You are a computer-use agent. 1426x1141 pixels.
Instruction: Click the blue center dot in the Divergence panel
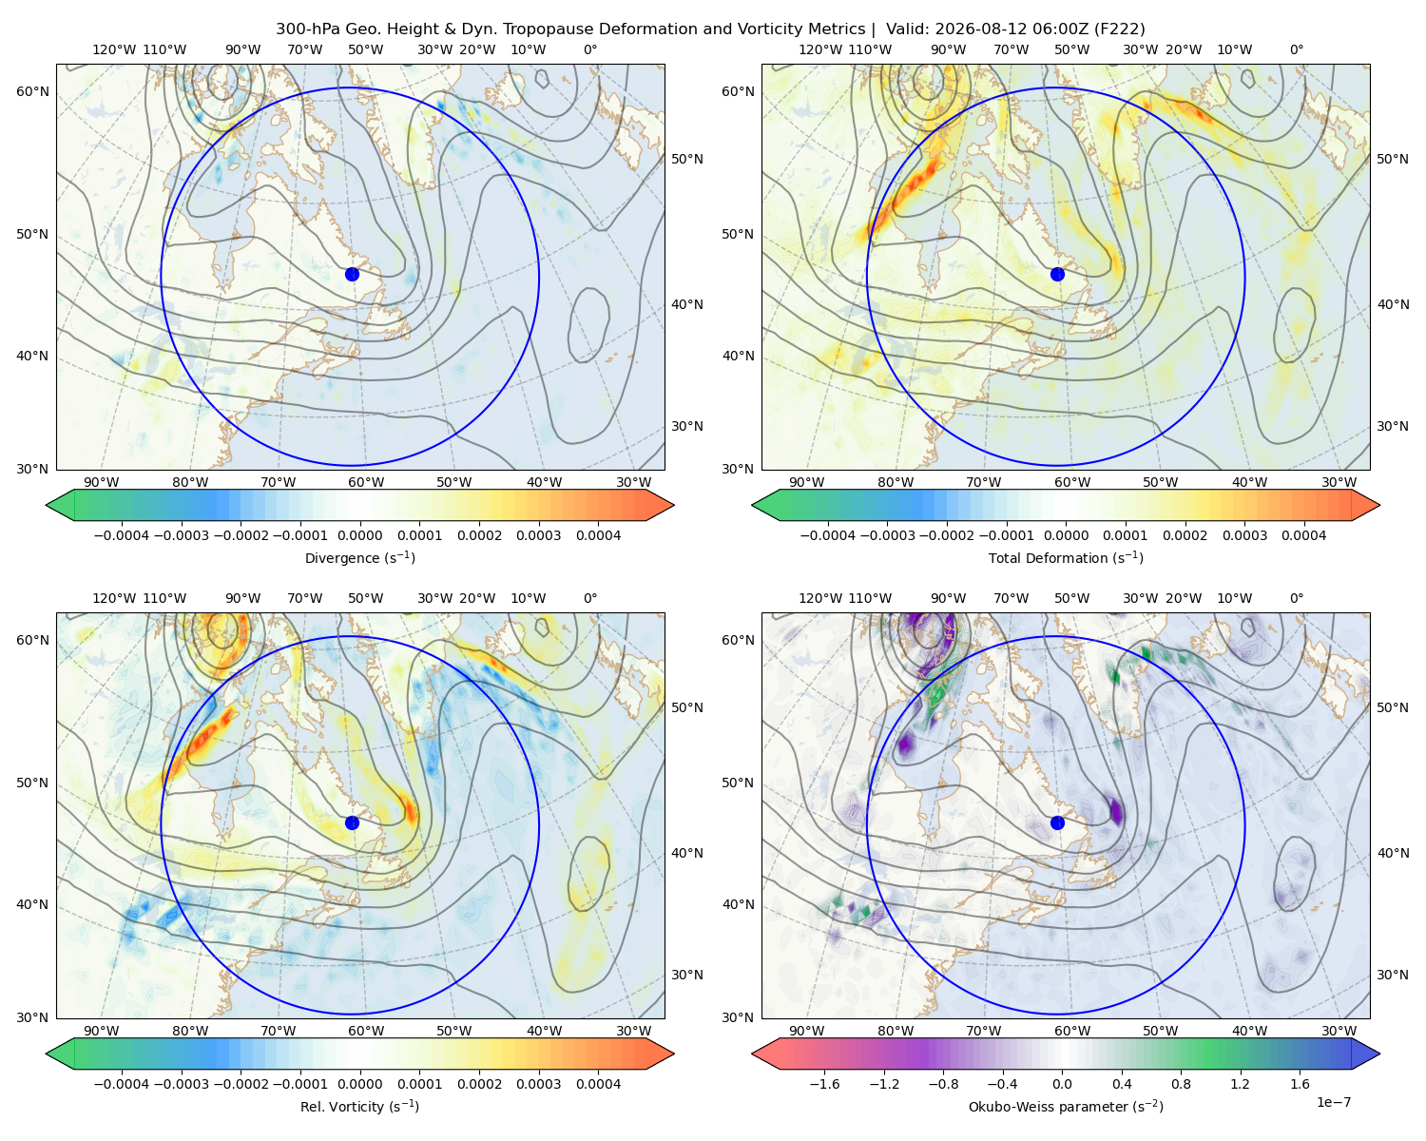(352, 274)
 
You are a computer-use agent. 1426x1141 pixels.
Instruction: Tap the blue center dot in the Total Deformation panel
(1057, 274)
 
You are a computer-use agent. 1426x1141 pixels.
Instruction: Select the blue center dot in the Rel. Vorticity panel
(352, 822)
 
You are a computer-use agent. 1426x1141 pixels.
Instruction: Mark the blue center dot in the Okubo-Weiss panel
(1057, 822)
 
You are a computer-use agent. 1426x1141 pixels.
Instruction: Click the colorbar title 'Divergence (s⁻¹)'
(359, 557)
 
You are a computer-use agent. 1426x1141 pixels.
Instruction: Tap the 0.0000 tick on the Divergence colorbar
(359, 535)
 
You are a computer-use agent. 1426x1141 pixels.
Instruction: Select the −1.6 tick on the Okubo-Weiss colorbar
(824, 1084)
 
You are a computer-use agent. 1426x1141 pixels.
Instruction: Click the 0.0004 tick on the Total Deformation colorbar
(1303, 535)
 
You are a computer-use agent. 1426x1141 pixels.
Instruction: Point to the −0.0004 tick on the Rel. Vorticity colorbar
(122, 1084)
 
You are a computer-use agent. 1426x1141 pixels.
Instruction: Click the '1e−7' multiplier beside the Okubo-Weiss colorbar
(1333, 1102)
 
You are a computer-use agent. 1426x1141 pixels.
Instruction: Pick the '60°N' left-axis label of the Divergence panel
(32, 91)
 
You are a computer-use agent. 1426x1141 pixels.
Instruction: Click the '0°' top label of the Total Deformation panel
(1296, 49)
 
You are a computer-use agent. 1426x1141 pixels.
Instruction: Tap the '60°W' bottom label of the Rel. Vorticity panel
(366, 1031)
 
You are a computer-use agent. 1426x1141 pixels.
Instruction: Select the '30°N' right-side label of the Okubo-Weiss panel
(1393, 974)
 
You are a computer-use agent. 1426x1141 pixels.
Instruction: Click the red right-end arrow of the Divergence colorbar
(660, 505)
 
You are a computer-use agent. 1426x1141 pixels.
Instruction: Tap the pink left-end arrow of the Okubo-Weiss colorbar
(766, 1054)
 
